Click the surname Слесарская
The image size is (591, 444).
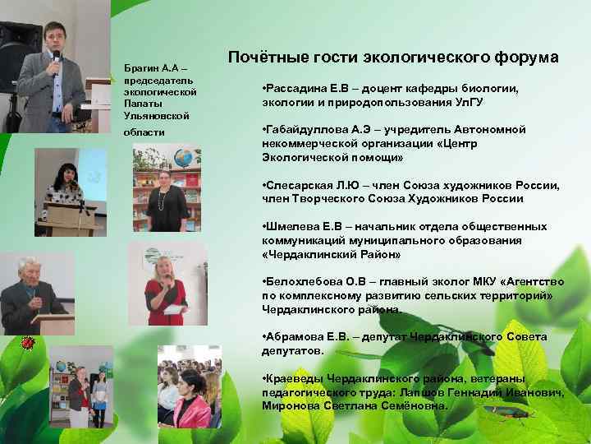[x=298, y=186]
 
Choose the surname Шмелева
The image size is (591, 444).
[x=290, y=227]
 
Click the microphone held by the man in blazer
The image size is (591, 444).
[x=56, y=58]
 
